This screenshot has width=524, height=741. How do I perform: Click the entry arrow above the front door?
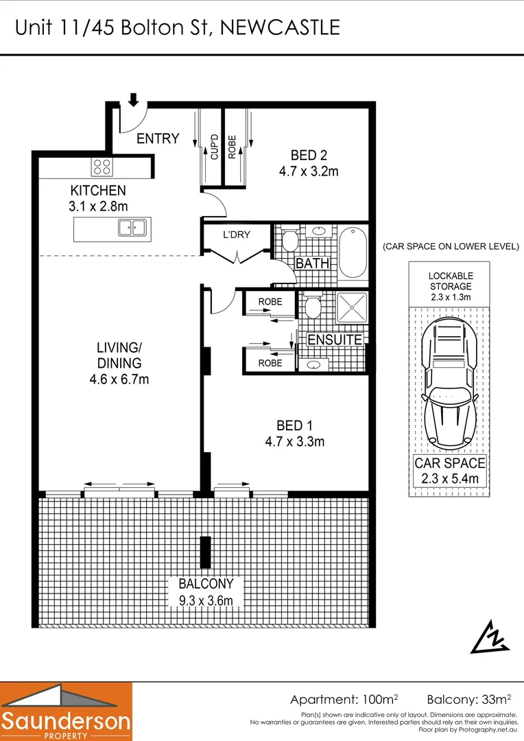(134, 100)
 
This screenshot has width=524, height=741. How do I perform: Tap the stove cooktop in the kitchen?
(102, 167)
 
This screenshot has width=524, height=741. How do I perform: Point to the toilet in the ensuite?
(313, 306)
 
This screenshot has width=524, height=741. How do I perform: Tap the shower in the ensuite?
(353, 307)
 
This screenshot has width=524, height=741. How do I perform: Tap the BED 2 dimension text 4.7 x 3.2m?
(308, 172)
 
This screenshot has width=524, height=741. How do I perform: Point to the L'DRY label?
(236, 235)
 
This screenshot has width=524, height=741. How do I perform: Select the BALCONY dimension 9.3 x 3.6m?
(206, 601)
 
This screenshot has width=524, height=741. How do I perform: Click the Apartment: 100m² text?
(344, 700)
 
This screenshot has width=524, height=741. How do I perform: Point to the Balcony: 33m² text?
(468, 700)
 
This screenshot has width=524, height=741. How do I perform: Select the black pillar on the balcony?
(204, 552)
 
